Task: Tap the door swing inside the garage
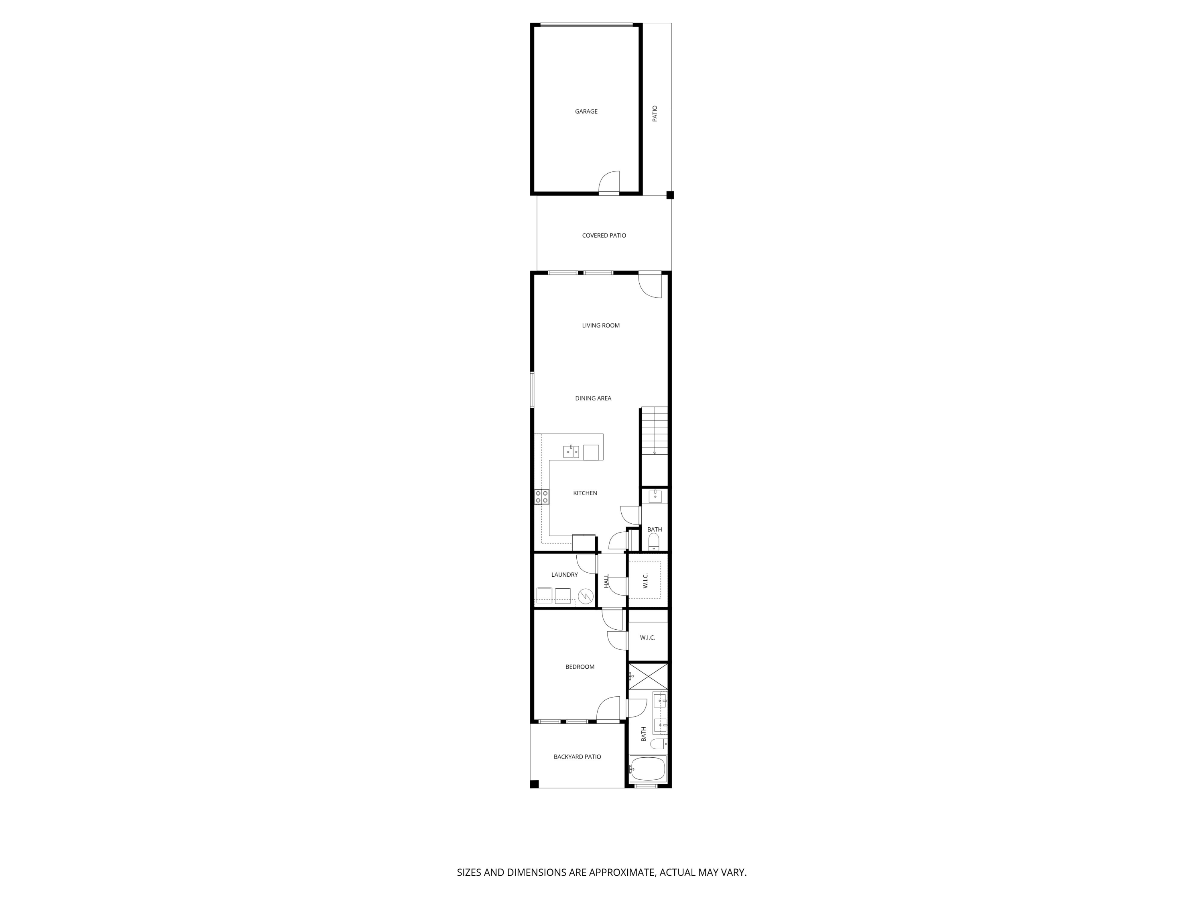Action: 610,182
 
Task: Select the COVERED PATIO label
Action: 604,236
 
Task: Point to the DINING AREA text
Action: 593,399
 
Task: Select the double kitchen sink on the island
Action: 570,452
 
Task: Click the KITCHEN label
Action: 585,493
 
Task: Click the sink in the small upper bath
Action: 655,496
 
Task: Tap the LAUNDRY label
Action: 564,575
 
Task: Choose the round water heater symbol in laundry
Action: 586,596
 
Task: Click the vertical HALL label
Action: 606,581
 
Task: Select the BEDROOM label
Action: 579,667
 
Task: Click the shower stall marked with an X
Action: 648,676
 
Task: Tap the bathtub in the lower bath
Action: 647,769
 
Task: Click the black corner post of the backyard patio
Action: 535,784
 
